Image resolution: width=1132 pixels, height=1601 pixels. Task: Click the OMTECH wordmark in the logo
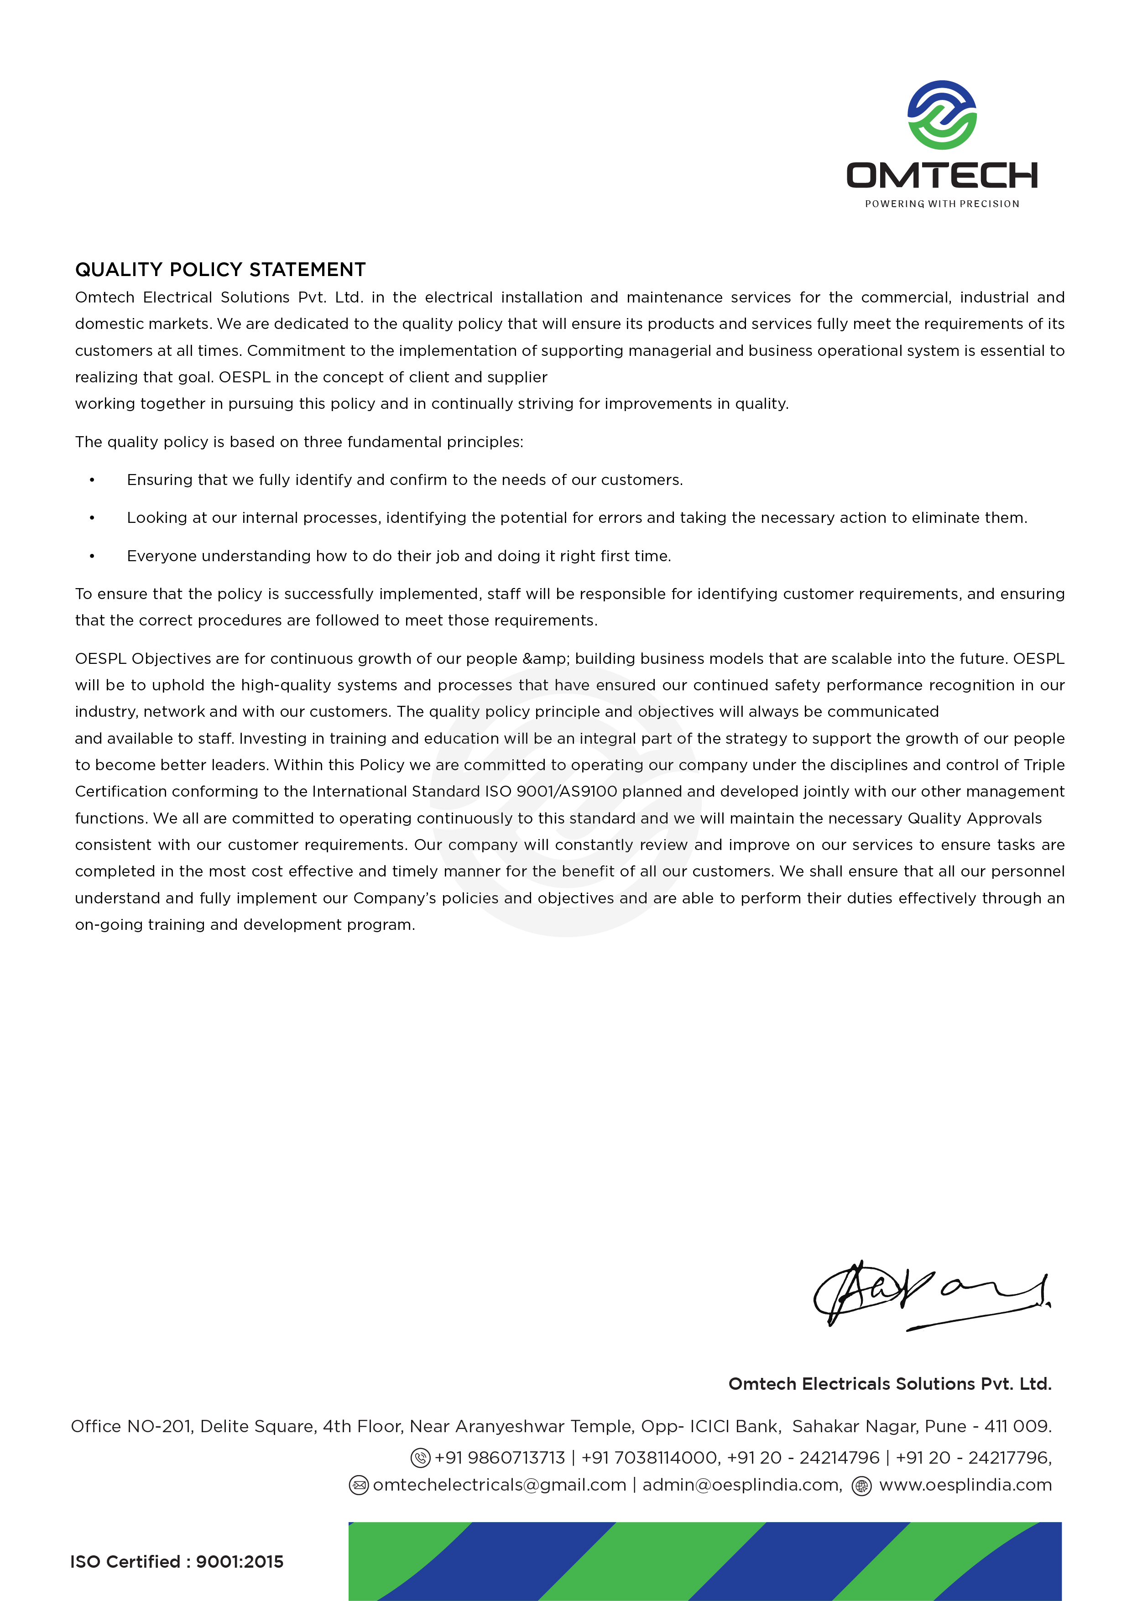pos(942,175)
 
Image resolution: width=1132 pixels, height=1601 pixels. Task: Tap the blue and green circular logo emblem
pos(942,115)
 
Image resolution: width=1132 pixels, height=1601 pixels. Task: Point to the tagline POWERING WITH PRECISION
pos(942,203)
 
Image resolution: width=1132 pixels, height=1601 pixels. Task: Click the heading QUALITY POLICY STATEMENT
pos(220,270)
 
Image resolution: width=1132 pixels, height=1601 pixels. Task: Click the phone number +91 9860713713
pos(500,1457)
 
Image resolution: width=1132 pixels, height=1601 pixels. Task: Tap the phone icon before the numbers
pos(420,1457)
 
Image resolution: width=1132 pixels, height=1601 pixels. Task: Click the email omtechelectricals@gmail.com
pos(500,1485)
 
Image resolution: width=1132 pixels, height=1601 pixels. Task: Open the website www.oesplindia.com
pos(965,1485)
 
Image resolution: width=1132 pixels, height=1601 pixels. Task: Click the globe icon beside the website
pos(862,1485)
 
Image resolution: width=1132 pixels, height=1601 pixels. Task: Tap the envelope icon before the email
pos(359,1485)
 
